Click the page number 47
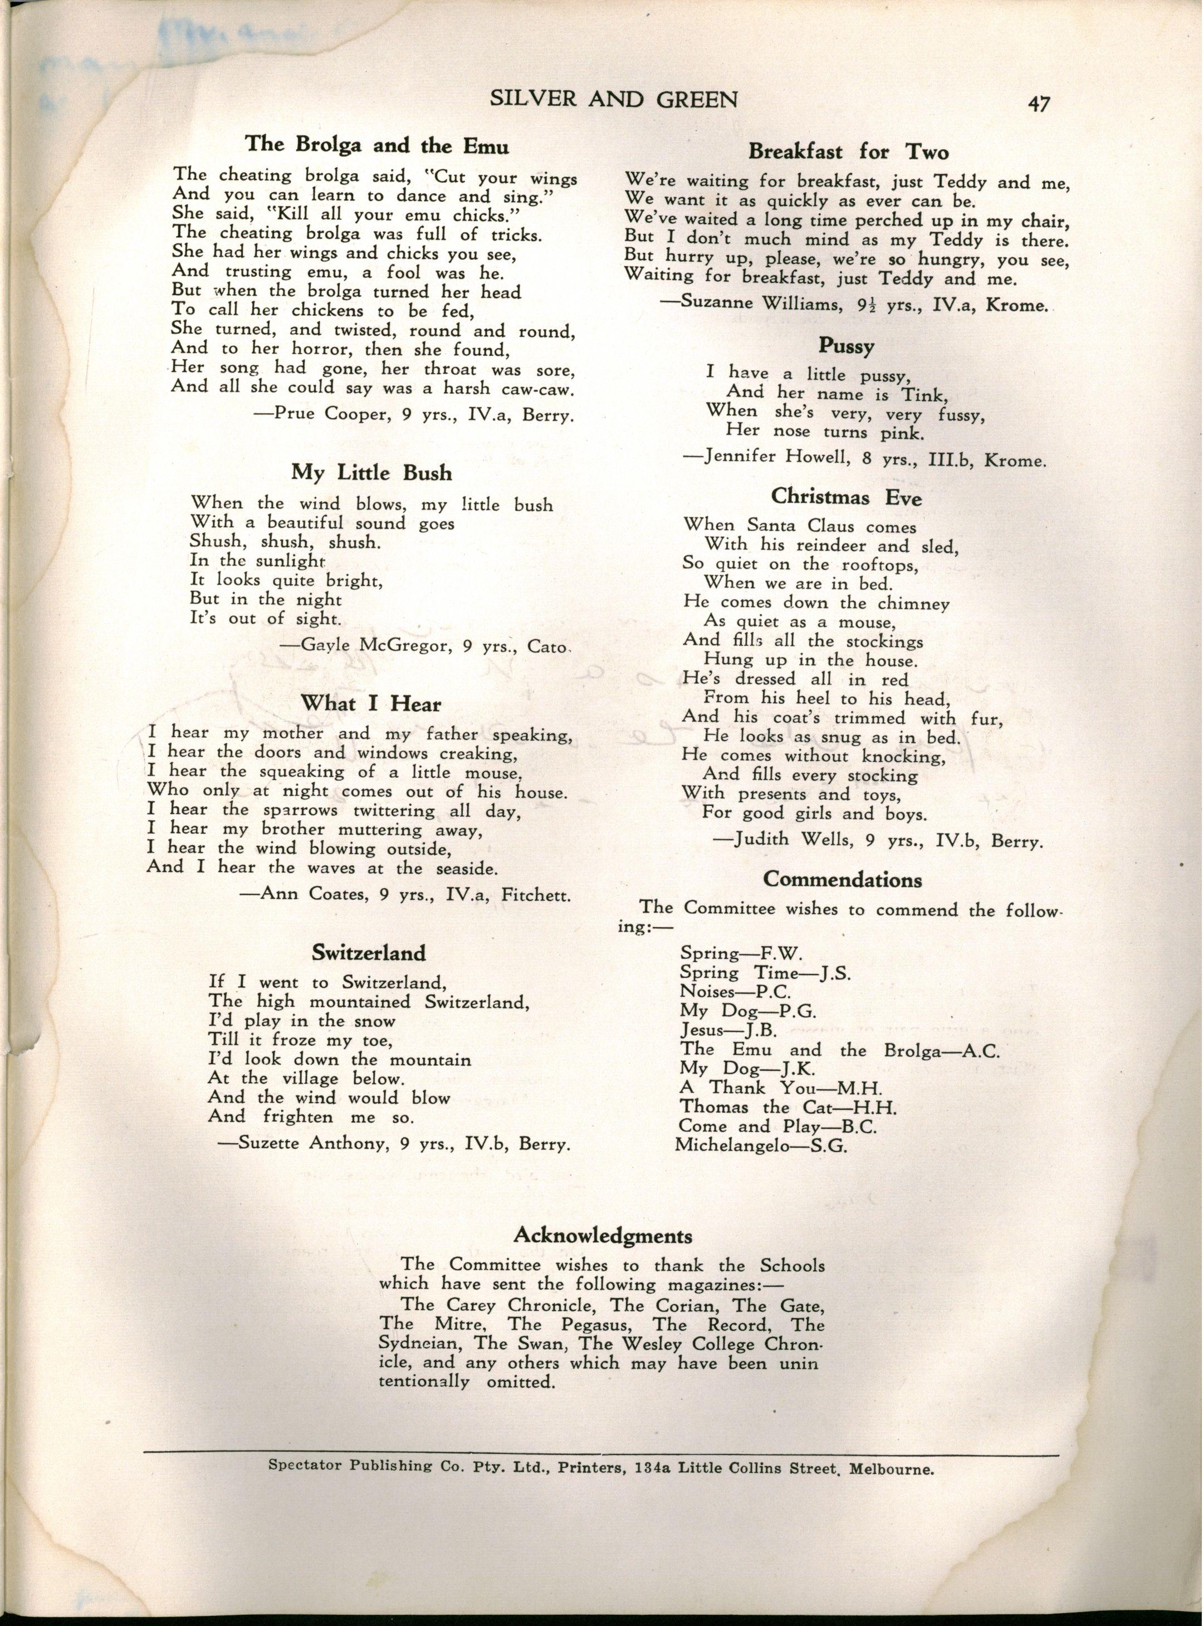point(1039,104)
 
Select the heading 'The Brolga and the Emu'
point(376,144)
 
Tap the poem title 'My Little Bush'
point(371,473)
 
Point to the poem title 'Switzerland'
point(369,952)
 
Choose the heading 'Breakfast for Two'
point(848,152)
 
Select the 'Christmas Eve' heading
point(846,497)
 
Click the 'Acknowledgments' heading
point(603,1235)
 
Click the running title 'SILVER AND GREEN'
point(614,99)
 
